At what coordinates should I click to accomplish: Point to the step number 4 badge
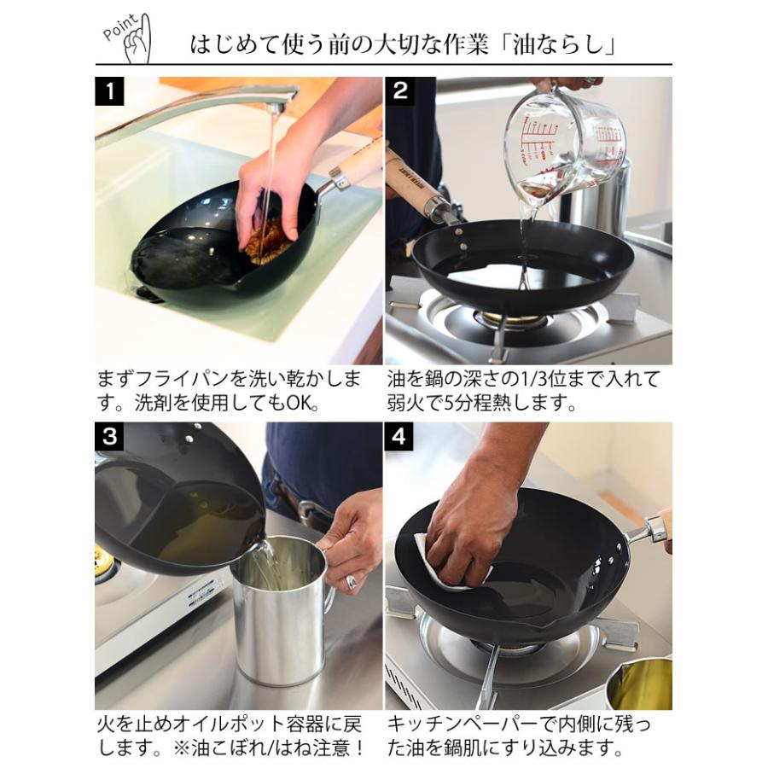399,437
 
